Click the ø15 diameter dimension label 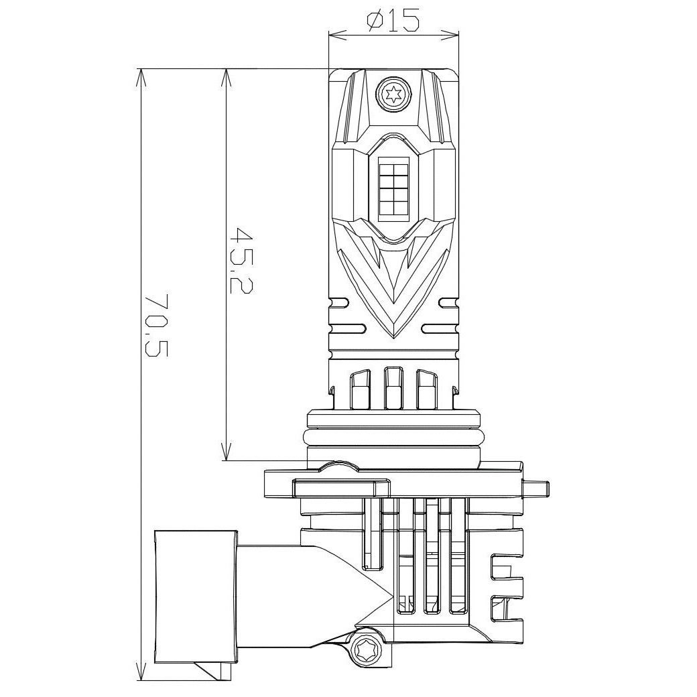point(393,21)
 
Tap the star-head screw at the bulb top point(393,94)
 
